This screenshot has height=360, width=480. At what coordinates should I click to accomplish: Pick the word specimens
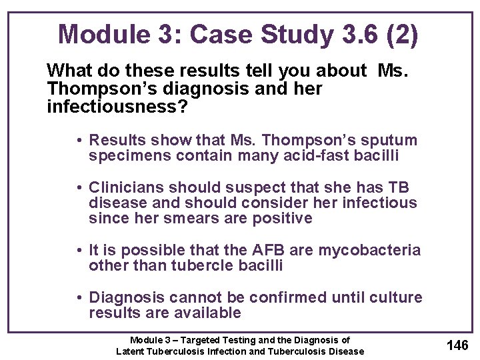tap(126, 157)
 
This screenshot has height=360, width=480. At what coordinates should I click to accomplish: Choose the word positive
tap(282, 219)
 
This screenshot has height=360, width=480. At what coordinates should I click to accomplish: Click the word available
tap(207, 313)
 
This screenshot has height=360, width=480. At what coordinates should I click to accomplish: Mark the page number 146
tap(457, 345)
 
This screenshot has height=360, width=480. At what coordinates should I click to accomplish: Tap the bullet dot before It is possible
tap(79, 251)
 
